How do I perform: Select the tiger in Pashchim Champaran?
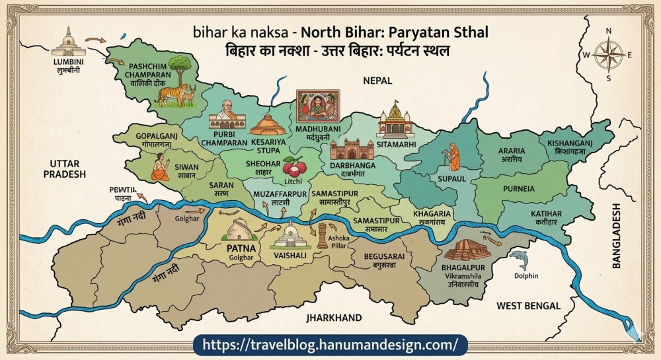pos(170,94)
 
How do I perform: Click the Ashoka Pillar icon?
pos(322,235)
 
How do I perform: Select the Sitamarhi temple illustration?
pos(395,119)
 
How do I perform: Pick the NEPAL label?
pos(377,80)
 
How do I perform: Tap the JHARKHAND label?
pos(334,318)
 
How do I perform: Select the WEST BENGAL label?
pos(528,305)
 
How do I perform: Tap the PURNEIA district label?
pos(518,188)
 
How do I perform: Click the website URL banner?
pos(330,344)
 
